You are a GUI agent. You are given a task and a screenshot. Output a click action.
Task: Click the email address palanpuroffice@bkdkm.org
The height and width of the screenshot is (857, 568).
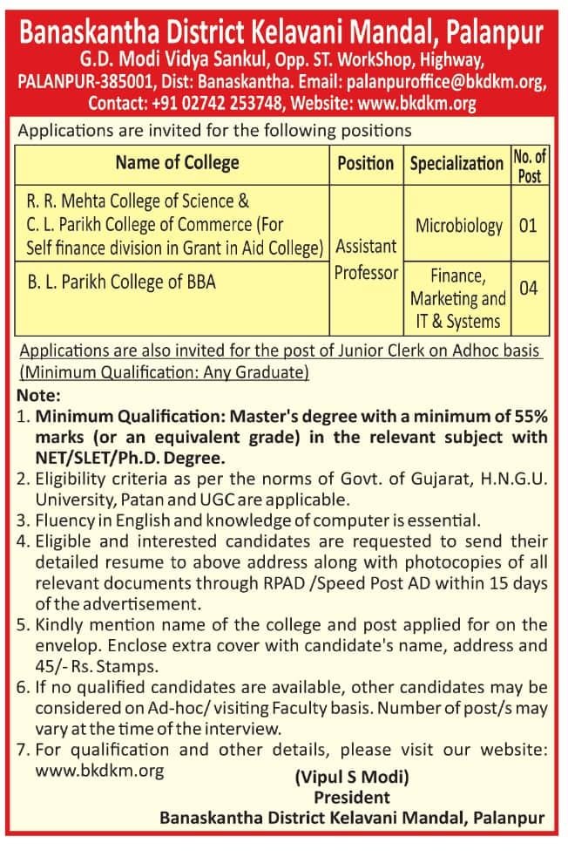pyautogui.click(x=446, y=84)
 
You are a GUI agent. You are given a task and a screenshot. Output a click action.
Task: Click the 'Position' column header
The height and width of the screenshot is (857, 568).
pyautogui.click(x=365, y=164)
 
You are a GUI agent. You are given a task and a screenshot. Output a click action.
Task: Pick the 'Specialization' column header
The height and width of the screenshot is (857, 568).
pyautogui.click(x=456, y=164)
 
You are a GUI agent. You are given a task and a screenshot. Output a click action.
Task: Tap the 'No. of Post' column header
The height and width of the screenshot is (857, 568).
pyautogui.click(x=529, y=166)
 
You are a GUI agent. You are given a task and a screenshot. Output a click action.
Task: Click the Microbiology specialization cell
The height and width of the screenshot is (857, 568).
pyautogui.click(x=458, y=226)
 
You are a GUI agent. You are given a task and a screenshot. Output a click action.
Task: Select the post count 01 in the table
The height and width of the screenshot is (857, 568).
pyautogui.click(x=528, y=226)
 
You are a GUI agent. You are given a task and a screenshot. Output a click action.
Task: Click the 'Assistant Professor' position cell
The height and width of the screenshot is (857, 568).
pyautogui.click(x=366, y=260)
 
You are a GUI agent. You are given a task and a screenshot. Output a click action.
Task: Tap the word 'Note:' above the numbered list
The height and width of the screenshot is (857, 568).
pyautogui.click(x=34, y=395)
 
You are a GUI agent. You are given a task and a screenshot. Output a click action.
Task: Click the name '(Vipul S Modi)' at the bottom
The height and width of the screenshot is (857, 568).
pyautogui.click(x=351, y=776)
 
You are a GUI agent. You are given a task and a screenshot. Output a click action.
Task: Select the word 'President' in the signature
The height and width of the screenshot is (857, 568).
pyautogui.click(x=351, y=797)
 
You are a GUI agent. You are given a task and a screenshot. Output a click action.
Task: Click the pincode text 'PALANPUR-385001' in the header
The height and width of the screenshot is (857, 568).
pyautogui.click(x=73, y=84)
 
